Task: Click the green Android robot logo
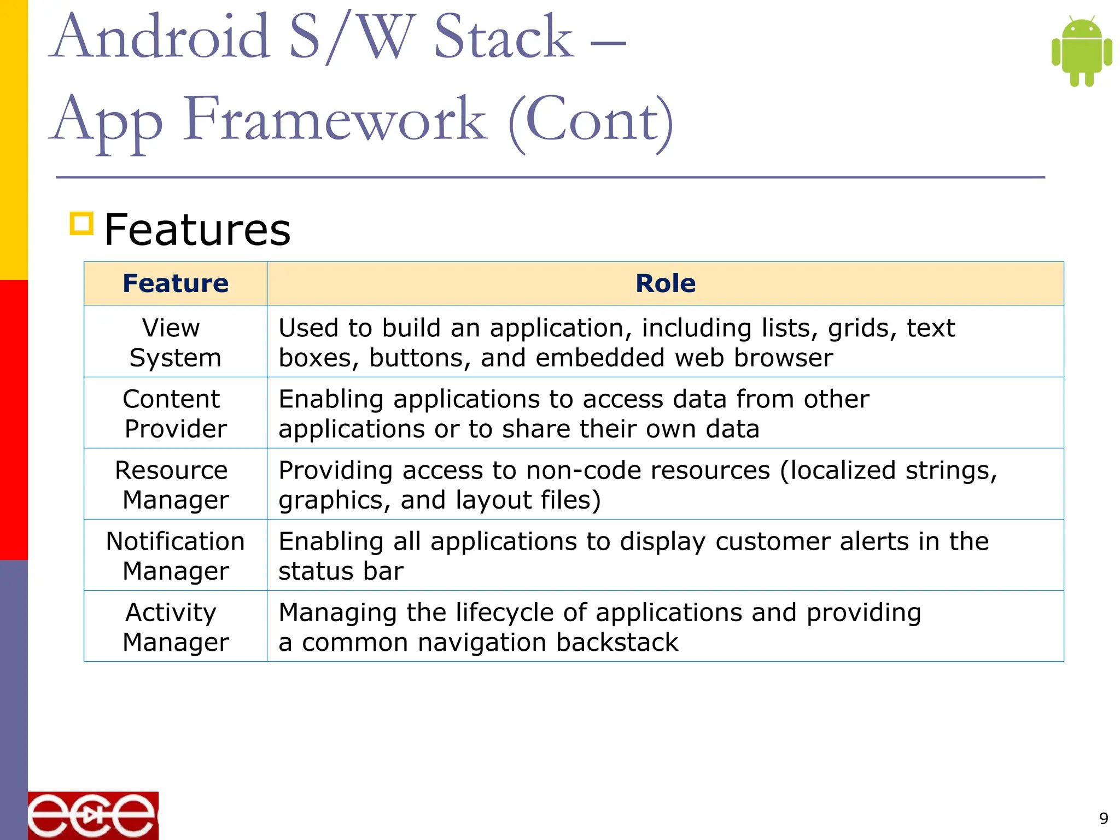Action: (x=1081, y=52)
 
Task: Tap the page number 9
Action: (x=1103, y=818)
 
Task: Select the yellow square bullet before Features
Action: (x=81, y=224)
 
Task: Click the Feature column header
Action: (x=176, y=283)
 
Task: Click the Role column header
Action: (x=665, y=283)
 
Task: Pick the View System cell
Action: (x=176, y=342)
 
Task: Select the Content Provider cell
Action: (x=176, y=413)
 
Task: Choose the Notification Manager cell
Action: (x=176, y=556)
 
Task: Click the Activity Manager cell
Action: (x=176, y=627)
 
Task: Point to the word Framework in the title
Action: (x=335, y=119)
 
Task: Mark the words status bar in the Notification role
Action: (x=341, y=571)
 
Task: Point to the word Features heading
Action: (x=197, y=230)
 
